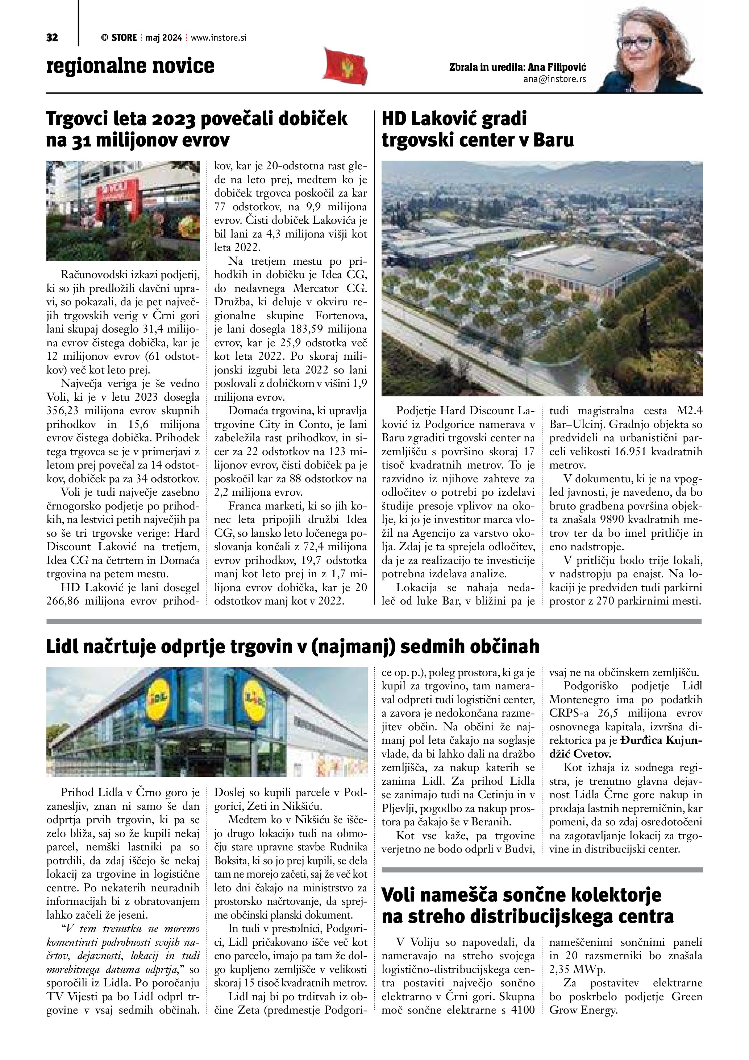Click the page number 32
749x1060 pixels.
(52, 38)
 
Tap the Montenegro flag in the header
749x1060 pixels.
(345, 66)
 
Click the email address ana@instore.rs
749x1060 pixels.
(554, 79)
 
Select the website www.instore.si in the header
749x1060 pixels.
(219, 38)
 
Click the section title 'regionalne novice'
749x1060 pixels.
(130, 66)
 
